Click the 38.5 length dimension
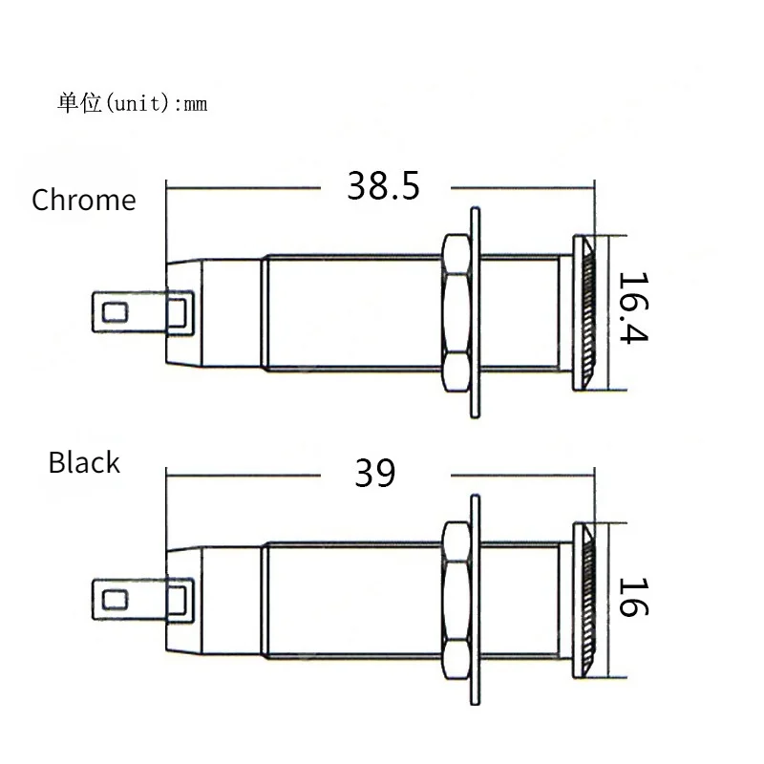383,186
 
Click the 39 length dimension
374,473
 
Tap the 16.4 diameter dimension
633,308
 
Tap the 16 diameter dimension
633,598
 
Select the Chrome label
84,200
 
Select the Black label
84,462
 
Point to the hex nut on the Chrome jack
456,313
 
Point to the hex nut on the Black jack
456,601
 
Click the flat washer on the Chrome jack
475,313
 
